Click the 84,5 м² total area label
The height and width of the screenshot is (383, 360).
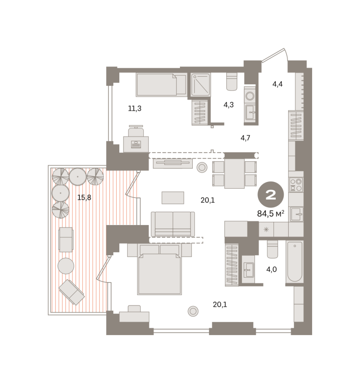click(x=271, y=214)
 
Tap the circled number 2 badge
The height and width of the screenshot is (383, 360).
click(x=271, y=195)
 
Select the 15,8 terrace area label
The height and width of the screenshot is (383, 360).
click(x=84, y=197)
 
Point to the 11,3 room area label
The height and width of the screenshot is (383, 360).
click(x=135, y=108)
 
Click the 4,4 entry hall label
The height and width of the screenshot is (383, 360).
click(x=277, y=84)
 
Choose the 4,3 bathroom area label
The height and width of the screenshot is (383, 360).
click(x=229, y=105)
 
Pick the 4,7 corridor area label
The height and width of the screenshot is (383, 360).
click(x=245, y=138)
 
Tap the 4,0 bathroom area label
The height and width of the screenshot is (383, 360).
click(x=271, y=269)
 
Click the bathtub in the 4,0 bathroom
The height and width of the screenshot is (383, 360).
click(x=295, y=261)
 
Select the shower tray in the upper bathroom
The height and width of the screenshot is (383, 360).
click(x=201, y=85)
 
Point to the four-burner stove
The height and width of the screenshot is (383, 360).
click(x=296, y=185)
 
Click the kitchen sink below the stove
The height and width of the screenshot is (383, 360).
click(x=297, y=214)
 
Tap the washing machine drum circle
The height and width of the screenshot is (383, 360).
click(x=250, y=95)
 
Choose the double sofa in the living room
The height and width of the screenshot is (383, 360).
click(x=173, y=224)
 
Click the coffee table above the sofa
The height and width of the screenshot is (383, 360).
click(x=173, y=197)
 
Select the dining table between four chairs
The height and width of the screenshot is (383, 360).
click(x=234, y=174)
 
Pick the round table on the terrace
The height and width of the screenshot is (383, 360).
click(x=66, y=266)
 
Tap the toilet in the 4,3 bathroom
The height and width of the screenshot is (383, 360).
click(x=232, y=81)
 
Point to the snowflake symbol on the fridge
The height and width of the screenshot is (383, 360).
click(x=266, y=229)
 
